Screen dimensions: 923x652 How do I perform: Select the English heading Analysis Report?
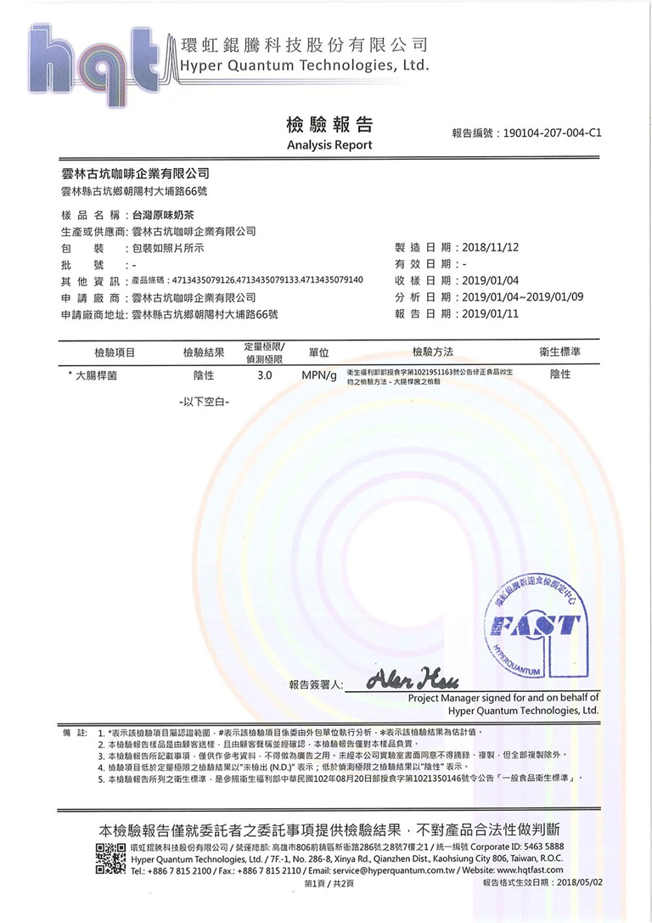click(x=329, y=145)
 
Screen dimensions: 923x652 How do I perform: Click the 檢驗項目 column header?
click(x=115, y=352)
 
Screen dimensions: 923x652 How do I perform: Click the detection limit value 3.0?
click(x=264, y=374)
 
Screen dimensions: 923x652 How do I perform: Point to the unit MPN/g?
click(x=319, y=375)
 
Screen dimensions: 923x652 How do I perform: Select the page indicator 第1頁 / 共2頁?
click(x=327, y=883)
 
